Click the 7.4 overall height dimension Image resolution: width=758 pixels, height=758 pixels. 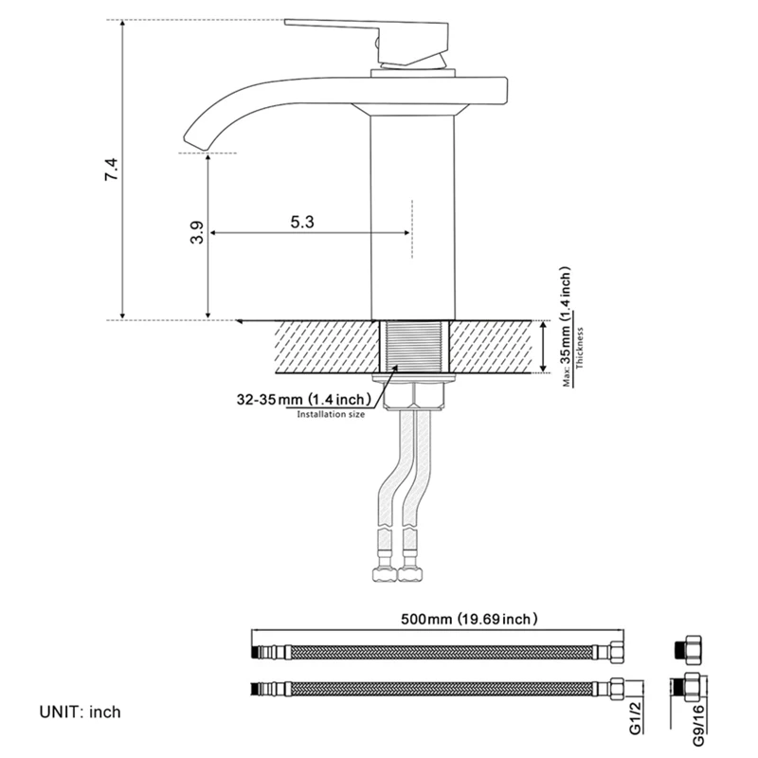pos(111,171)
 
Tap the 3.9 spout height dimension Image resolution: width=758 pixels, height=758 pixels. pos(195,233)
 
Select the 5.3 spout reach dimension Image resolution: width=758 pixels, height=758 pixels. pos(302,221)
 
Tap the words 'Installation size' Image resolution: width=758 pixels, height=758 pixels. pos(331,415)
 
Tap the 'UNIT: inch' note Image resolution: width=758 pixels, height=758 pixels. pos(81,711)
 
